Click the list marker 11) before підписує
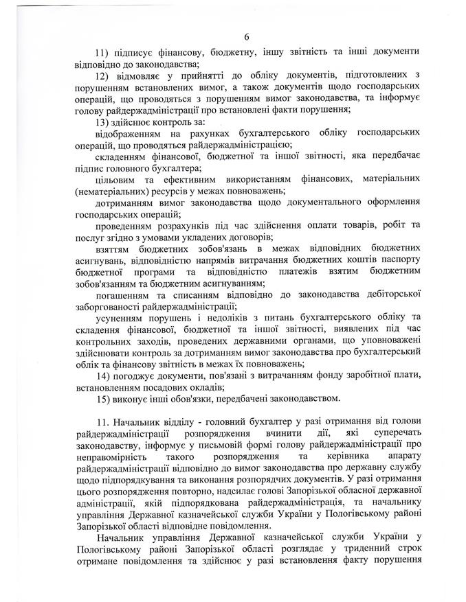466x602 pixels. tap(104, 52)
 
